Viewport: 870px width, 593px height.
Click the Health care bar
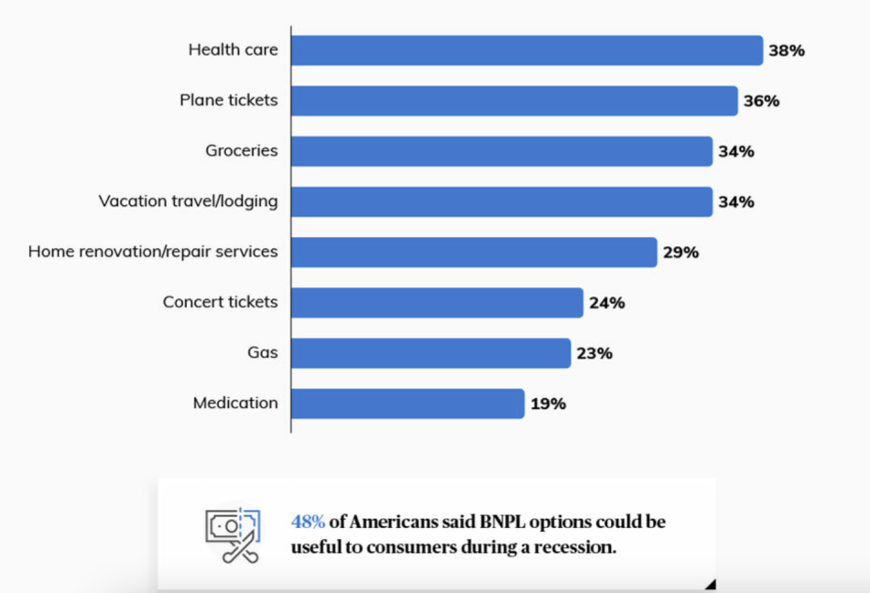(527, 50)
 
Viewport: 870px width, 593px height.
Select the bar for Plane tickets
(514, 101)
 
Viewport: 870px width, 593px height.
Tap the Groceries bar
(502, 151)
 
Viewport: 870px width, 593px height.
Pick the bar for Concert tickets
(437, 302)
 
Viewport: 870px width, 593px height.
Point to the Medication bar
(408, 403)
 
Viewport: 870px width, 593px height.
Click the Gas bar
(430, 352)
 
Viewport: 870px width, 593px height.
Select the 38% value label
(787, 51)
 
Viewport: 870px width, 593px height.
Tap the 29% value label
(680, 253)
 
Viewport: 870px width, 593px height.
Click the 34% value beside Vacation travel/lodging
(736, 202)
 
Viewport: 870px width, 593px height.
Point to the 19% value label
(548, 404)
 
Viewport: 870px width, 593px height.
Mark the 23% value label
(594, 353)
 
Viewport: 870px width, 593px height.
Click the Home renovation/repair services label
(153, 251)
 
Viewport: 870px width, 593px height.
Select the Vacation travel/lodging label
(188, 200)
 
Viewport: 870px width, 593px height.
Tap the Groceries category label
(241, 150)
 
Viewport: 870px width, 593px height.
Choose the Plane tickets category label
(228, 100)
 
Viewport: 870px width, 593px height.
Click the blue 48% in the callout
(309, 523)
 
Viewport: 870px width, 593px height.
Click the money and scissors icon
(233, 535)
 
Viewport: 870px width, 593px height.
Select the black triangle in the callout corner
(710, 584)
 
